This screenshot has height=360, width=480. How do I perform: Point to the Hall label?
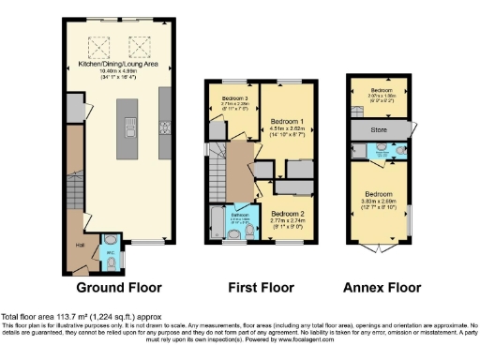(80, 246)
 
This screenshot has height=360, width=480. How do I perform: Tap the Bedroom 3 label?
(235, 98)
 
